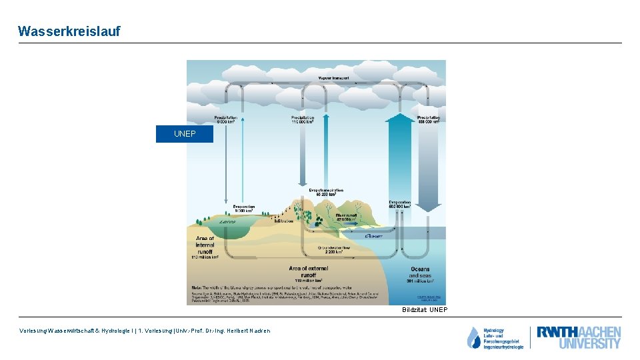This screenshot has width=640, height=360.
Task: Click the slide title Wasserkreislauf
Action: click(x=69, y=31)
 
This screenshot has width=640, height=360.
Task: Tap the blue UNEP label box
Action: click(x=185, y=134)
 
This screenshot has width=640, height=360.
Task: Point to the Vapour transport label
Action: click(x=333, y=78)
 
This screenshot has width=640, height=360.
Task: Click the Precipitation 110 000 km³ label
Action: click(x=303, y=120)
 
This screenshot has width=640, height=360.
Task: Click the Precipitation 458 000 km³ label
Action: click(x=428, y=120)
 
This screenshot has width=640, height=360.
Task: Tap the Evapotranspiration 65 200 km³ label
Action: click(x=326, y=192)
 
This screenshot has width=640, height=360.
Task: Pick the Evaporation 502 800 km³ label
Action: click(x=400, y=204)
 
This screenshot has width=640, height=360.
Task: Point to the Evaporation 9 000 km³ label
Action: click(x=244, y=209)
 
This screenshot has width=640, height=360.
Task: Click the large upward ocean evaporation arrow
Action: click(x=400, y=153)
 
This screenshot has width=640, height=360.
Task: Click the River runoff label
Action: click(x=347, y=217)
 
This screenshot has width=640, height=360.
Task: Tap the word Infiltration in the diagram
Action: click(x=283, y=222)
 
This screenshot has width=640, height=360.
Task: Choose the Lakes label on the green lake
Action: click(x=227, y=222)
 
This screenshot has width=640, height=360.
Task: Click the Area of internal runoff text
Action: click(x=205, y=246)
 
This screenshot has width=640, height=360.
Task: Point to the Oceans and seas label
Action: click(x=419, y=273)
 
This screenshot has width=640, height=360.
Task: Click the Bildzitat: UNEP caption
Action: click(x=425, y=310)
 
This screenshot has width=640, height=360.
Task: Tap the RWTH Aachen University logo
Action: click(x=579, y=337)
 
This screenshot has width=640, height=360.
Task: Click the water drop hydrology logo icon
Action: click(x=473, y=338)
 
